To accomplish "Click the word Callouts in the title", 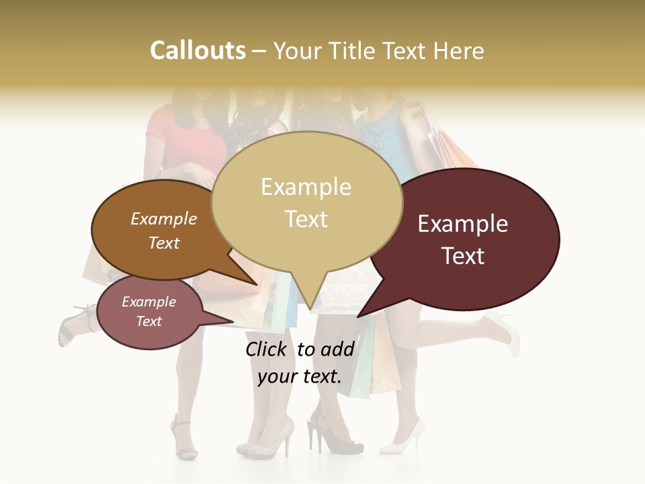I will point(198,50).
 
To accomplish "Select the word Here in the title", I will point(458,51).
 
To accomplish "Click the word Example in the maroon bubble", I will point(463,224).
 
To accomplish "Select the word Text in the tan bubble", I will point(306,219).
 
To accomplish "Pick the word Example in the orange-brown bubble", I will point(164,218).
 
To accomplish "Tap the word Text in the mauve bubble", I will point(149,321).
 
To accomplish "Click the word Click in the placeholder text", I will point(267,349).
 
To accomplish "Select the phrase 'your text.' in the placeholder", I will point(300,376).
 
